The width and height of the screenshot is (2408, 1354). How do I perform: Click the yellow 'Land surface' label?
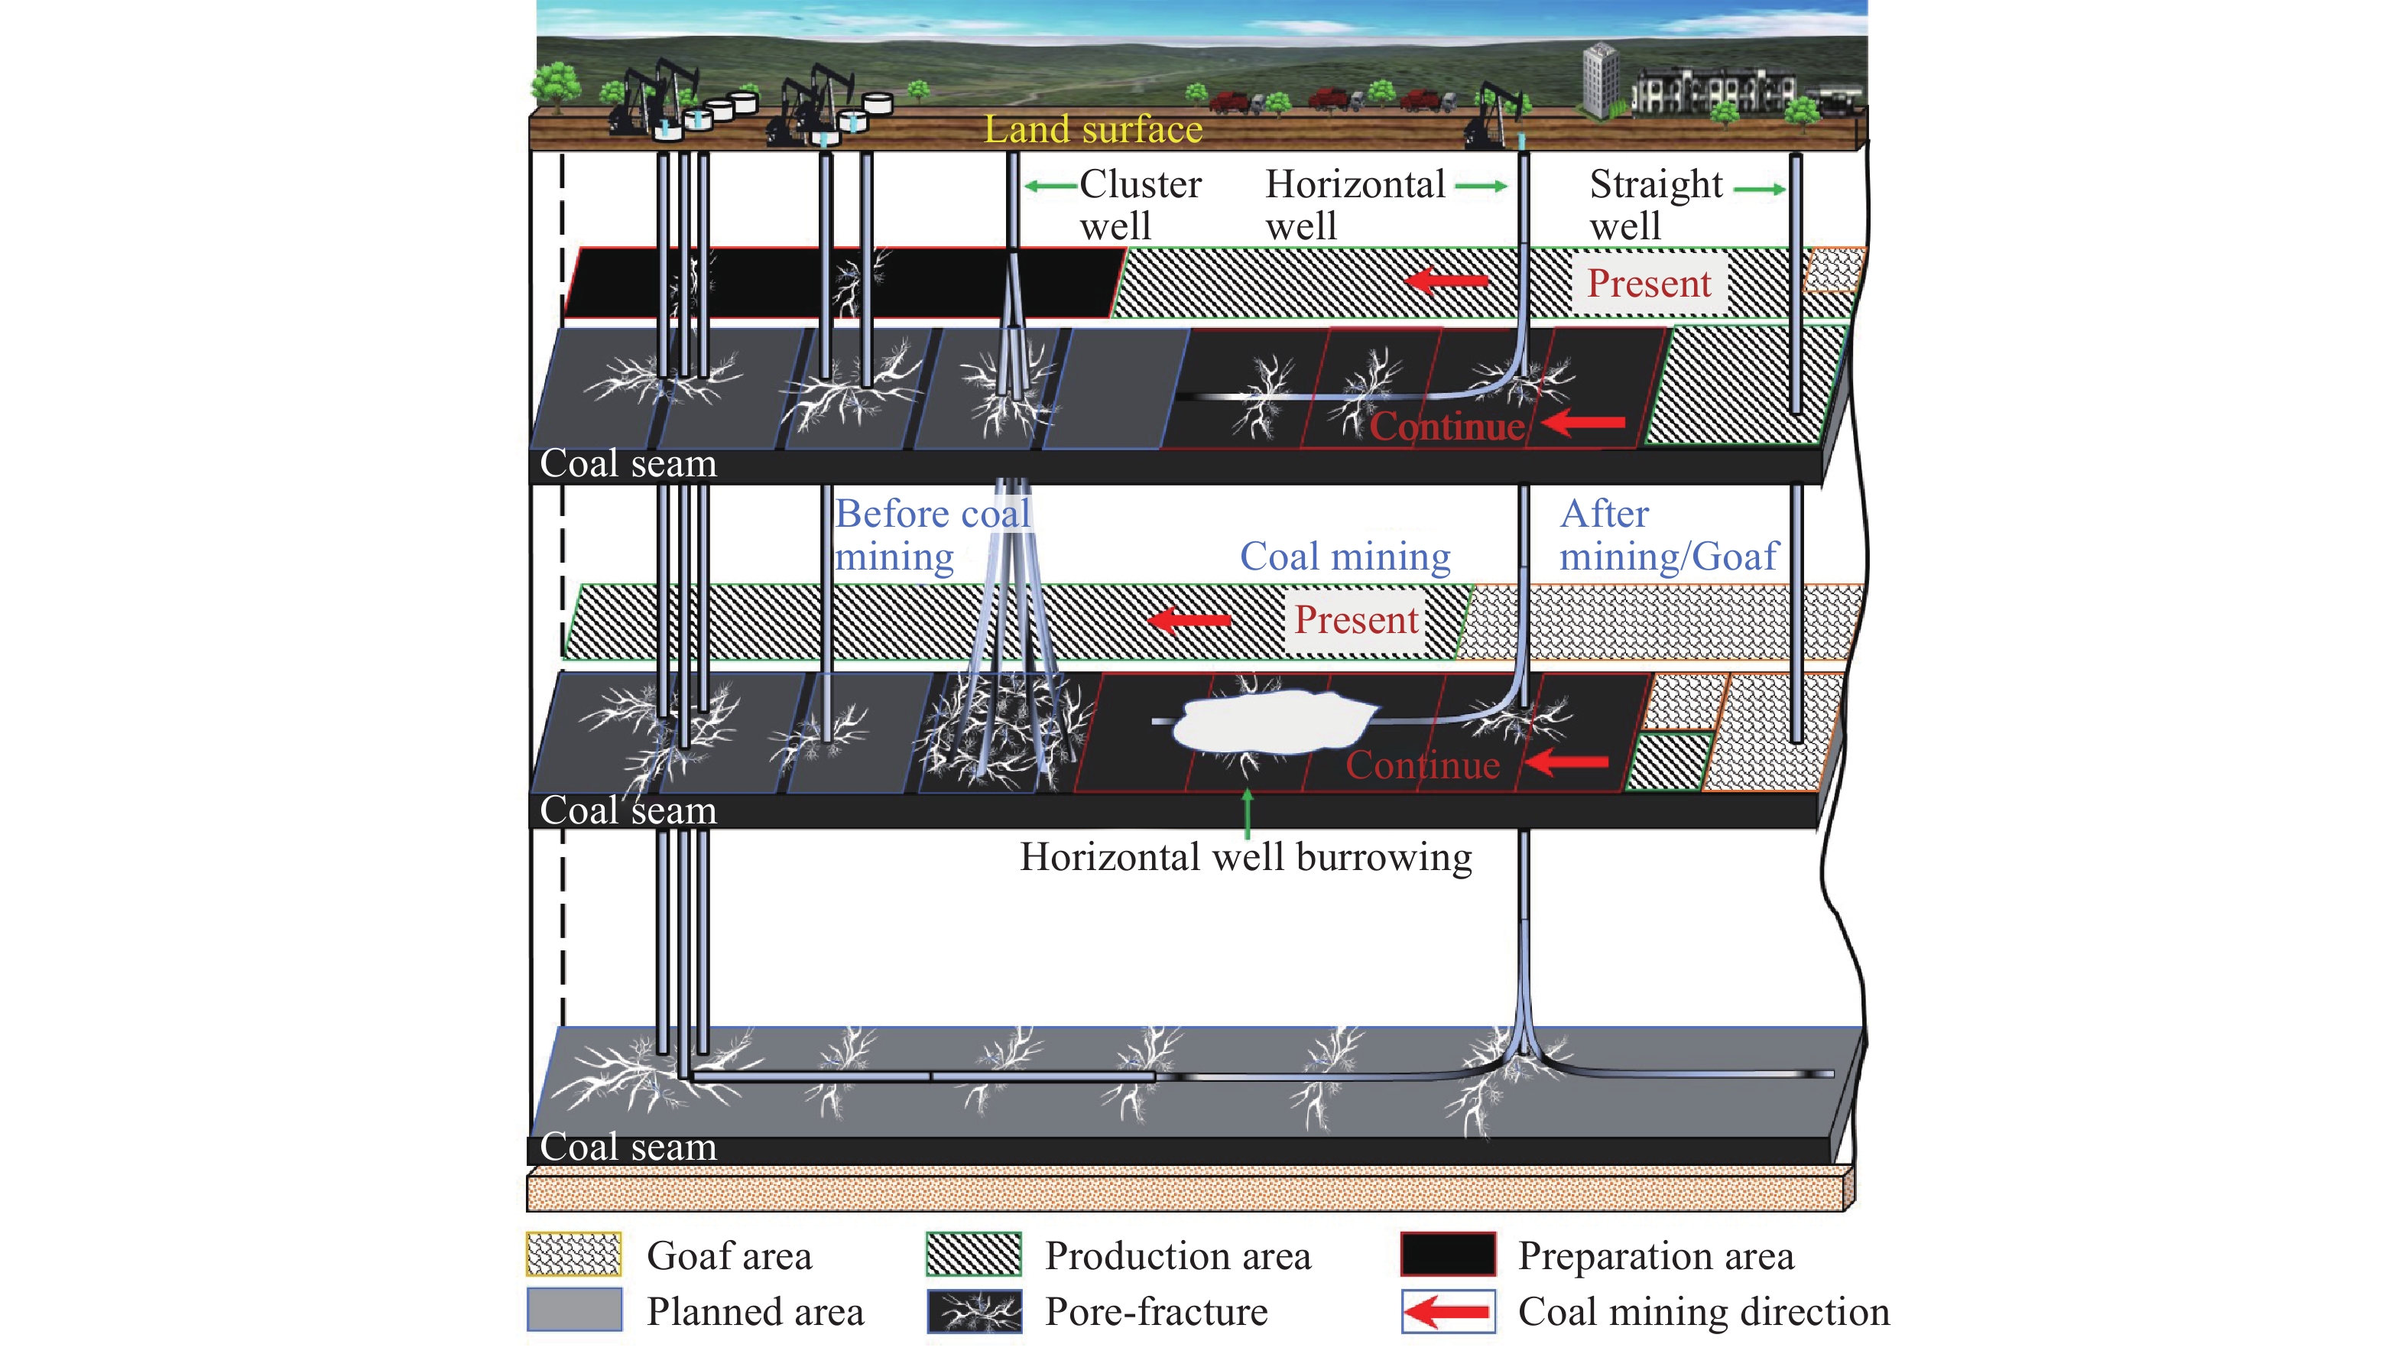click(x=1092, y=130)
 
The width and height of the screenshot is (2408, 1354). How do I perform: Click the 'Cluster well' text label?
click(x=1140, y=205)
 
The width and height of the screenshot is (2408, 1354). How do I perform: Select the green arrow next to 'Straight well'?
click(x=1758, y=189)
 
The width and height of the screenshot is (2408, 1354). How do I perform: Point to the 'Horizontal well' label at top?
click(x=1355, y=205)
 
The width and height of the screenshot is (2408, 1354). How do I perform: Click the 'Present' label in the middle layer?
click(x=1355, y=620)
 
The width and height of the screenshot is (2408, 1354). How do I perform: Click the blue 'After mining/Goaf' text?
click(x=1669, y=535)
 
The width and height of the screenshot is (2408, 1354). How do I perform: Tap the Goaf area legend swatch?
click(x=573, y=1255)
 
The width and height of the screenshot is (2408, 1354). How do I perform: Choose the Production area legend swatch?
click(x=973, y=1255)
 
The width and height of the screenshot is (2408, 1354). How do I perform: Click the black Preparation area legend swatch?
click(x=1447, y=1255)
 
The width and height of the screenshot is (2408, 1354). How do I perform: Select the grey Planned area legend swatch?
click(x=573, y=1310)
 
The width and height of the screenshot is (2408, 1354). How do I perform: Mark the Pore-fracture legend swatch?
click(x=973, y=1311)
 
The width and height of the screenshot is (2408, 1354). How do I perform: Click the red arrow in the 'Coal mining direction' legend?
click(x=1447, y=1311)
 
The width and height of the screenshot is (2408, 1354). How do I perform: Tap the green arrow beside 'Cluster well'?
click(x=1050, y=186)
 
